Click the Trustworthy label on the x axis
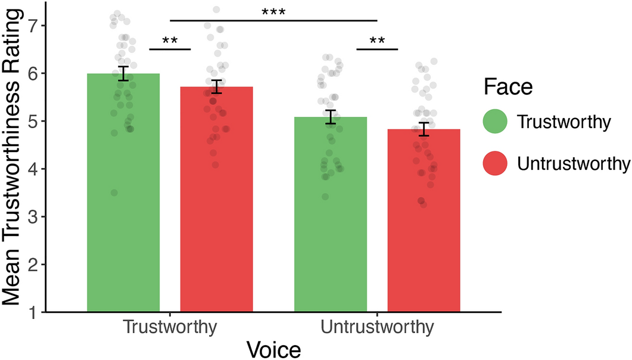coord(170,328)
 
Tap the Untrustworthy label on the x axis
coord(377,328)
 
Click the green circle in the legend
coord(494,122)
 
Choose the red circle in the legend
coord(494,162)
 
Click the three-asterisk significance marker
coord(273,13)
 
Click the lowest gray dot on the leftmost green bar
coord(114,193)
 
